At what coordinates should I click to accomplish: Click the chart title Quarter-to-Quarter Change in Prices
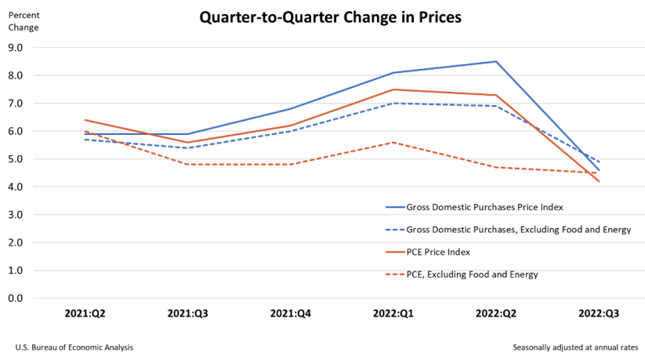pyautogui.click(x=330, y=16)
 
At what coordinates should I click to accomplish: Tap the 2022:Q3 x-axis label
pyautogui.click(x=599, y=313)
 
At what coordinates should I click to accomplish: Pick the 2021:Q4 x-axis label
pyautogui.click(x=290, y=313)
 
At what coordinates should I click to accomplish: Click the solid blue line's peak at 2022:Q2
pyautogui.click(x=495, y=61)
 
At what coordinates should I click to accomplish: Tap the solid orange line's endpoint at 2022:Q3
pyautogui.click(x=599, y=181)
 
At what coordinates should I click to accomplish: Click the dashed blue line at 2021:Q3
pyautogui.click(x=187, y=147)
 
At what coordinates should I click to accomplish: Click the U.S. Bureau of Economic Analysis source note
pyautogui.click(x=74, y=347)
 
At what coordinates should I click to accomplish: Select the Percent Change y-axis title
pyautogui.click(x=23, y=21)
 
